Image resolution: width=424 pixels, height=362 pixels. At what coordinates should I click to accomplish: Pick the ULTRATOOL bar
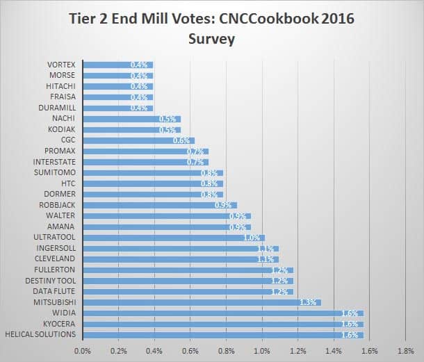[174, 238]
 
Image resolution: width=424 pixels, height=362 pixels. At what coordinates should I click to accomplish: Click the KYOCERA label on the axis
[62, 324]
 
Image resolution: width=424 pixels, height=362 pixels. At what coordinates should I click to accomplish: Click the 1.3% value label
[309, 302]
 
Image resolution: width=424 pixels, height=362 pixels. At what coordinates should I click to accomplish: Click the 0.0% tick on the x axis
[83, 352]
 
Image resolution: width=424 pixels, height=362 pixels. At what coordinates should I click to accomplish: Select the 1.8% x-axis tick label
[405, 352]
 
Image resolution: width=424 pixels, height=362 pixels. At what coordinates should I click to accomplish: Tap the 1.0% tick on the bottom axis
[261, 352]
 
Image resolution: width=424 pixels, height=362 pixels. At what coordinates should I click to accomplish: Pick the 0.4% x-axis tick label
[154, 352]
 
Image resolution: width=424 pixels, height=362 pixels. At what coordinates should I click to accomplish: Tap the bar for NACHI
[131, 119]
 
